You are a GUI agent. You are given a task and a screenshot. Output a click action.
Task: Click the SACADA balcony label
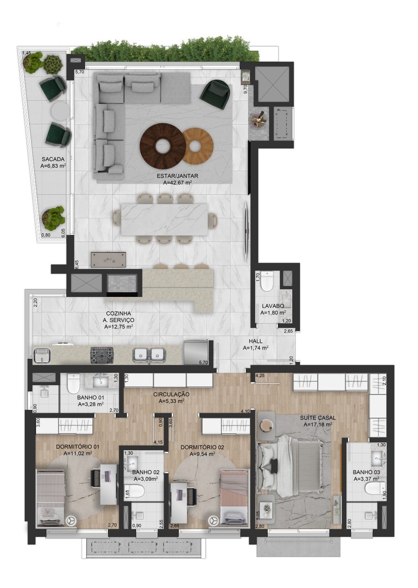[x=53, y=159]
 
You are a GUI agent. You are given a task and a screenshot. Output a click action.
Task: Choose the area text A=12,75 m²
[x=118, y=327]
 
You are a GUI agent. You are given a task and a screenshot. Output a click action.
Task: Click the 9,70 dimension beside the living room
[x=246, y=89]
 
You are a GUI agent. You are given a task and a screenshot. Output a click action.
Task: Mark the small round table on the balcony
[x=60, y=111]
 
